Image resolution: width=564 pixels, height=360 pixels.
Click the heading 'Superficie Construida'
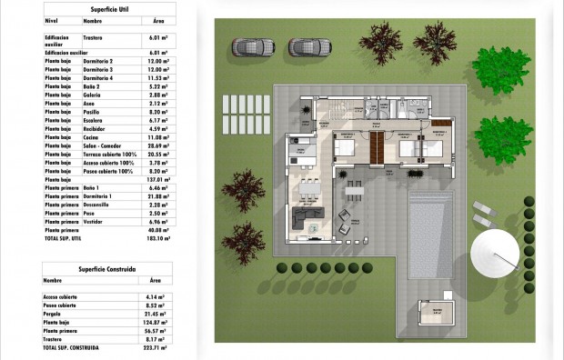pos(108,269)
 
